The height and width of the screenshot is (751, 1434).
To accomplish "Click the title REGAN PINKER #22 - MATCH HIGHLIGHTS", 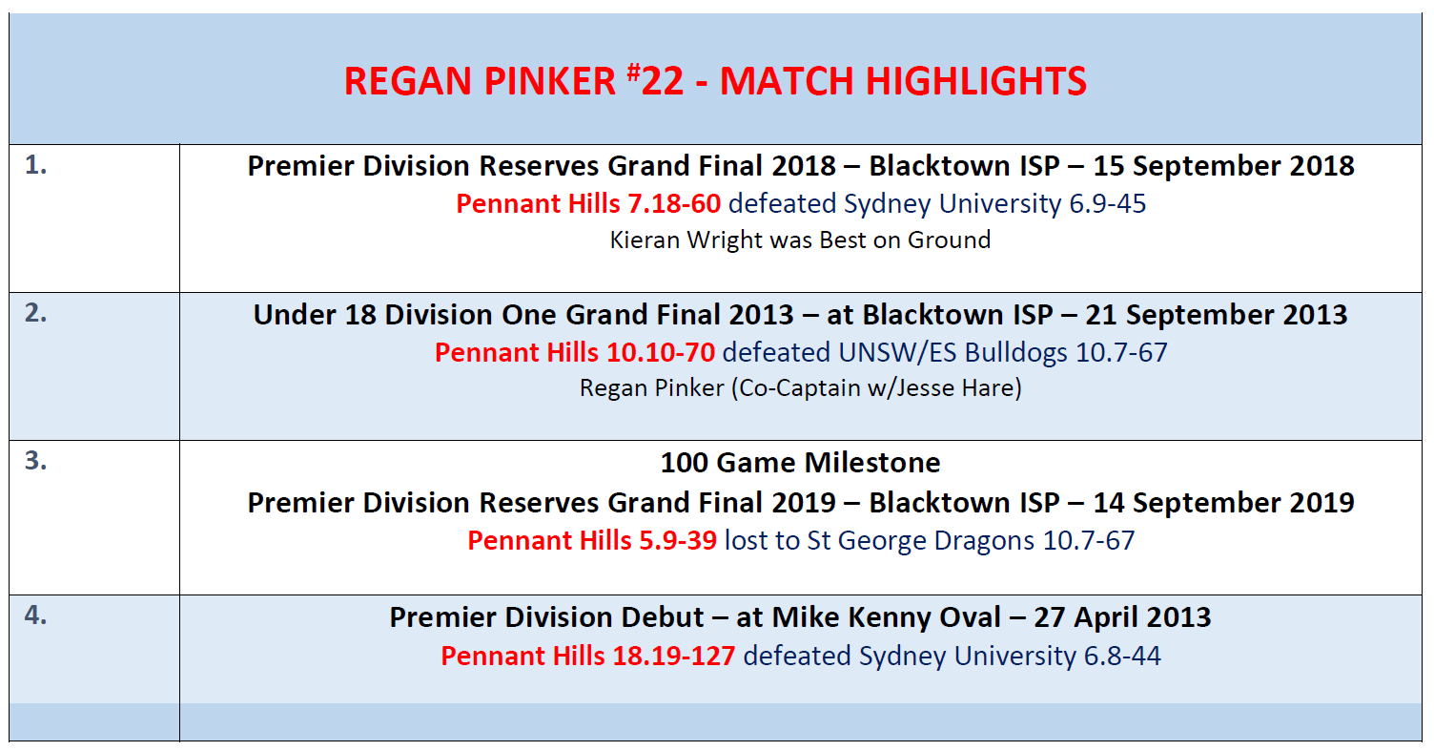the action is pos(715,81).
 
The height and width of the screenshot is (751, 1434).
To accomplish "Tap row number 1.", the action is pos(36,165).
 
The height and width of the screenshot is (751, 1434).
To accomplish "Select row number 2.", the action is pos(36,313).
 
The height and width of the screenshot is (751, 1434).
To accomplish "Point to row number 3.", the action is pos(36,461).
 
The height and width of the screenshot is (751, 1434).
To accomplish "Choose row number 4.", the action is pos(36,615).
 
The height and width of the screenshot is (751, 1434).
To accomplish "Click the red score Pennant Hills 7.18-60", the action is pos(588,204).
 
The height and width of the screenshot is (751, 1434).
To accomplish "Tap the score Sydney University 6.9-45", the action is pos(994,204).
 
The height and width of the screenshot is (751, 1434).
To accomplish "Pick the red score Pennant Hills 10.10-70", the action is pos(575,352).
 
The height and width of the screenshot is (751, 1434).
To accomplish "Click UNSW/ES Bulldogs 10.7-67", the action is pos(1003,352).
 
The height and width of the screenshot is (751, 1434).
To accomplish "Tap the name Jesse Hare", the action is pos(954,388).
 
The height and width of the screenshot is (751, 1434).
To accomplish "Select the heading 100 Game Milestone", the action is pos(800,463).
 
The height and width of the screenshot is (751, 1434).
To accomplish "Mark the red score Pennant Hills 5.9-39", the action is pos(592,541).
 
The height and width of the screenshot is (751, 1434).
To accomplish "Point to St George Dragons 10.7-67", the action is pos(971,541).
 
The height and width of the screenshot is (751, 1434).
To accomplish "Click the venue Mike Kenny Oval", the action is pos(886,617).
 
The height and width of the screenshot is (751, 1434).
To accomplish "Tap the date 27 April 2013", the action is pos(1122,617).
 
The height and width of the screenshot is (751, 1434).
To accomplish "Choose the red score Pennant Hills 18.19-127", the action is pos(587,657).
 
